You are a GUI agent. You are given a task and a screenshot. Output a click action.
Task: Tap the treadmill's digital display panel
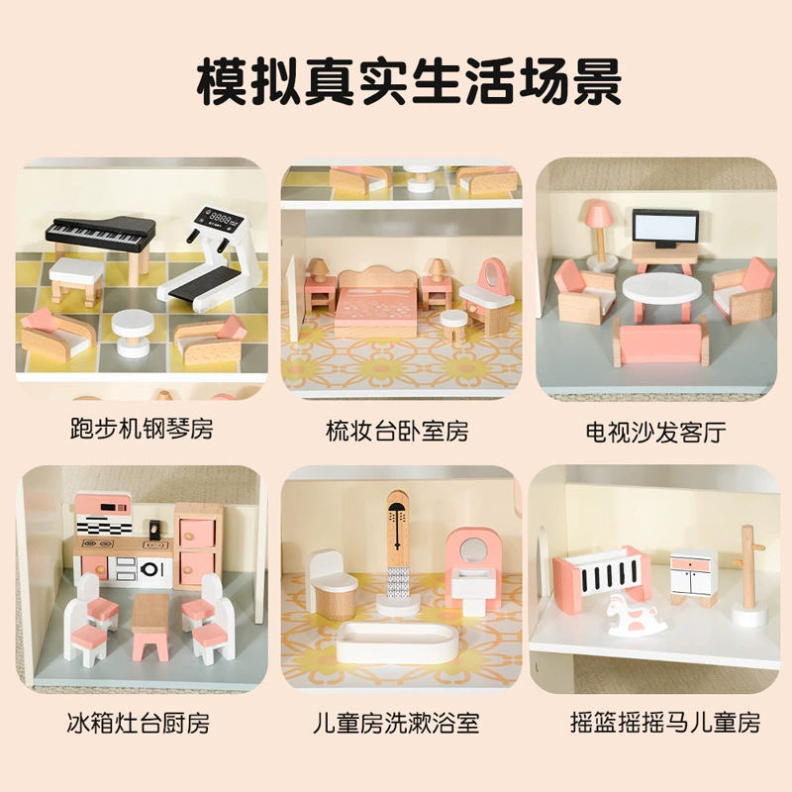pyautogui.click(x=221, y=220)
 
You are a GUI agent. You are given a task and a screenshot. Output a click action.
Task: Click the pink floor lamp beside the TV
pyautogui.click(x=600, y=234)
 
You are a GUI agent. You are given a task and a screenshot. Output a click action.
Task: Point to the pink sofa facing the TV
pyautogui.click(x=660, y=345)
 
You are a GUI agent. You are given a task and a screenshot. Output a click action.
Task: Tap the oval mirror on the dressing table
pyautogui.click(x=490, y=275)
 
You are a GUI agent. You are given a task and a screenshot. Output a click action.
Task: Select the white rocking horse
pyautogui.click(x=636, y=615)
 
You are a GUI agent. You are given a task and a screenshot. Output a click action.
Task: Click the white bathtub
pyautogui.click(x=398, y=643)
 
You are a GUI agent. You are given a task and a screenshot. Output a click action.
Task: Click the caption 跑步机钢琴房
pyautogui.click(x=142, y=429)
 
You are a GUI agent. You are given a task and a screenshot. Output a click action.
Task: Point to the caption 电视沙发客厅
pyautogui.click(x=656, y=432)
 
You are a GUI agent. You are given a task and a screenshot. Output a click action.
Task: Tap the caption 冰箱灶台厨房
pyautogui.click(x=138, y=723)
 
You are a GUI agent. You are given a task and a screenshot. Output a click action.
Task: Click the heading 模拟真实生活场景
pyautogui.click(x=409, y=83)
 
